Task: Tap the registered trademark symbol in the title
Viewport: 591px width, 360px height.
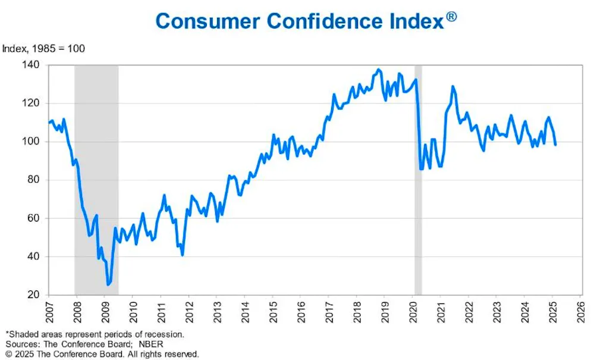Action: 451,17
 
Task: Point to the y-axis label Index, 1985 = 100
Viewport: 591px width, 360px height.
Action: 44,49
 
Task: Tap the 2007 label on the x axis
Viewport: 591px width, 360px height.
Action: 48,312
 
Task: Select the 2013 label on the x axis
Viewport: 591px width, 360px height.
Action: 216,312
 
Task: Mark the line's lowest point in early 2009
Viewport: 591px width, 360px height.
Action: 108,285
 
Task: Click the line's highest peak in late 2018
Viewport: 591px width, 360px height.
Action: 379,70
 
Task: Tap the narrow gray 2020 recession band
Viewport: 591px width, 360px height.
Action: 418,179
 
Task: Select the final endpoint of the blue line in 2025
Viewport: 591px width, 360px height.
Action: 555,145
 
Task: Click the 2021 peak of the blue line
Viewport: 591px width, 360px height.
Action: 453,86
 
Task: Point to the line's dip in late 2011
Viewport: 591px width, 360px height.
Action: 182,255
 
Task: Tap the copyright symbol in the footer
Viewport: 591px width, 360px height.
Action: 9,354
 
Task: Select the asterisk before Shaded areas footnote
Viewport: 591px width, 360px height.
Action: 7,334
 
